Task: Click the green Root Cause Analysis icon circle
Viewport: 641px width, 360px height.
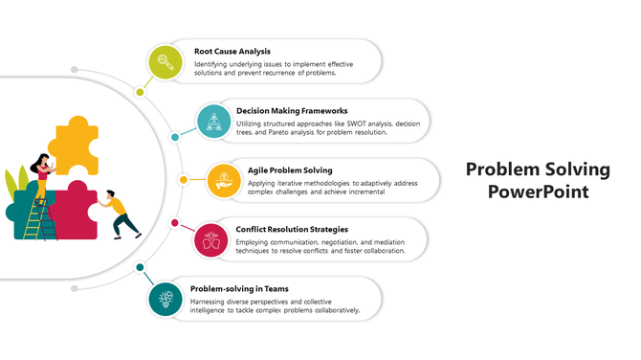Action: pyautogui.click(x=166, y=62)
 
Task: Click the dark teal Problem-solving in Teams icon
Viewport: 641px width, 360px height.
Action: pyautogui.click(x=166, y=299)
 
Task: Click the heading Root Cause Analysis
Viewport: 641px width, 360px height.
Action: pyautogui.click(x=232, y=51)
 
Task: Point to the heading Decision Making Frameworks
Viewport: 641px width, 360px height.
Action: pyautogui.click(x=291, y=110)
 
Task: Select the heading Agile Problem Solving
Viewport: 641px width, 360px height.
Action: pyautogui.click(x=290, y=169)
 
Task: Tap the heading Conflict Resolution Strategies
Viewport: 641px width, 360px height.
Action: pyautogui.click(x=292, y=229)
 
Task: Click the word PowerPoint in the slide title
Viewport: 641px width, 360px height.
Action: pyautogui.click(x=537, y=191)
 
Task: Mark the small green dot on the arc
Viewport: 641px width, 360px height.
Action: pyautogui.click(x=141, y=92)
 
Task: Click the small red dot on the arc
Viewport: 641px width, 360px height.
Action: pyautogui.click(x=175, y=223)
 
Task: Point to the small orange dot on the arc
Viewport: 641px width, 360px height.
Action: pyautogui.click(x=184, y=179)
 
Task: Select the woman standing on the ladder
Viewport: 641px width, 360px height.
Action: pyautogui.click(x=42, y=176)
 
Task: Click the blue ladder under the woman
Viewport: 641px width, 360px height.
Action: pyautogui.click(x=35, y=221)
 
